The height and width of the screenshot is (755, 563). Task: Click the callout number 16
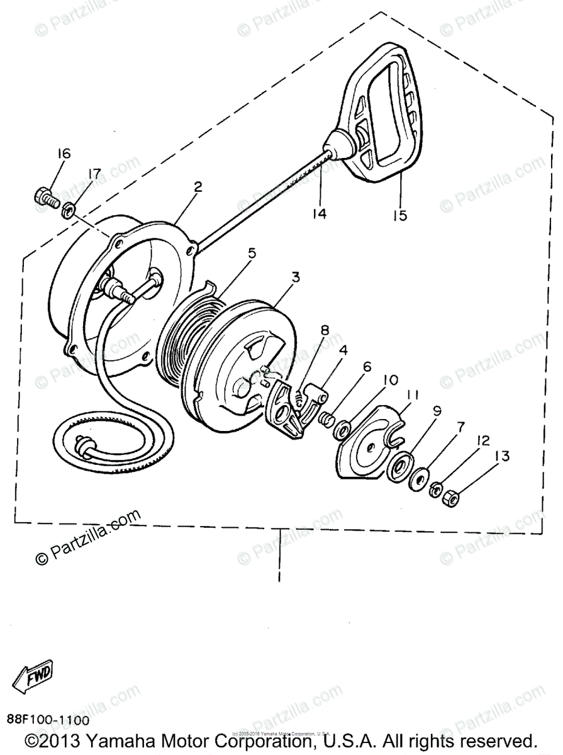click(63, 154)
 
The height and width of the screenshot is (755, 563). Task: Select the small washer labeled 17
click(69, 208)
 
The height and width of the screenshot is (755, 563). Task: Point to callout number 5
click(252, 254)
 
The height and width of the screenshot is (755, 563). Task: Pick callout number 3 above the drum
click(295, 277)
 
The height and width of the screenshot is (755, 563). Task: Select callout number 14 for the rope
click(320, 213)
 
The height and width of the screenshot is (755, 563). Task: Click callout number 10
click(390, 381)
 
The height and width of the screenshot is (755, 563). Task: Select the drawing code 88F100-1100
click(48, 720)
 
